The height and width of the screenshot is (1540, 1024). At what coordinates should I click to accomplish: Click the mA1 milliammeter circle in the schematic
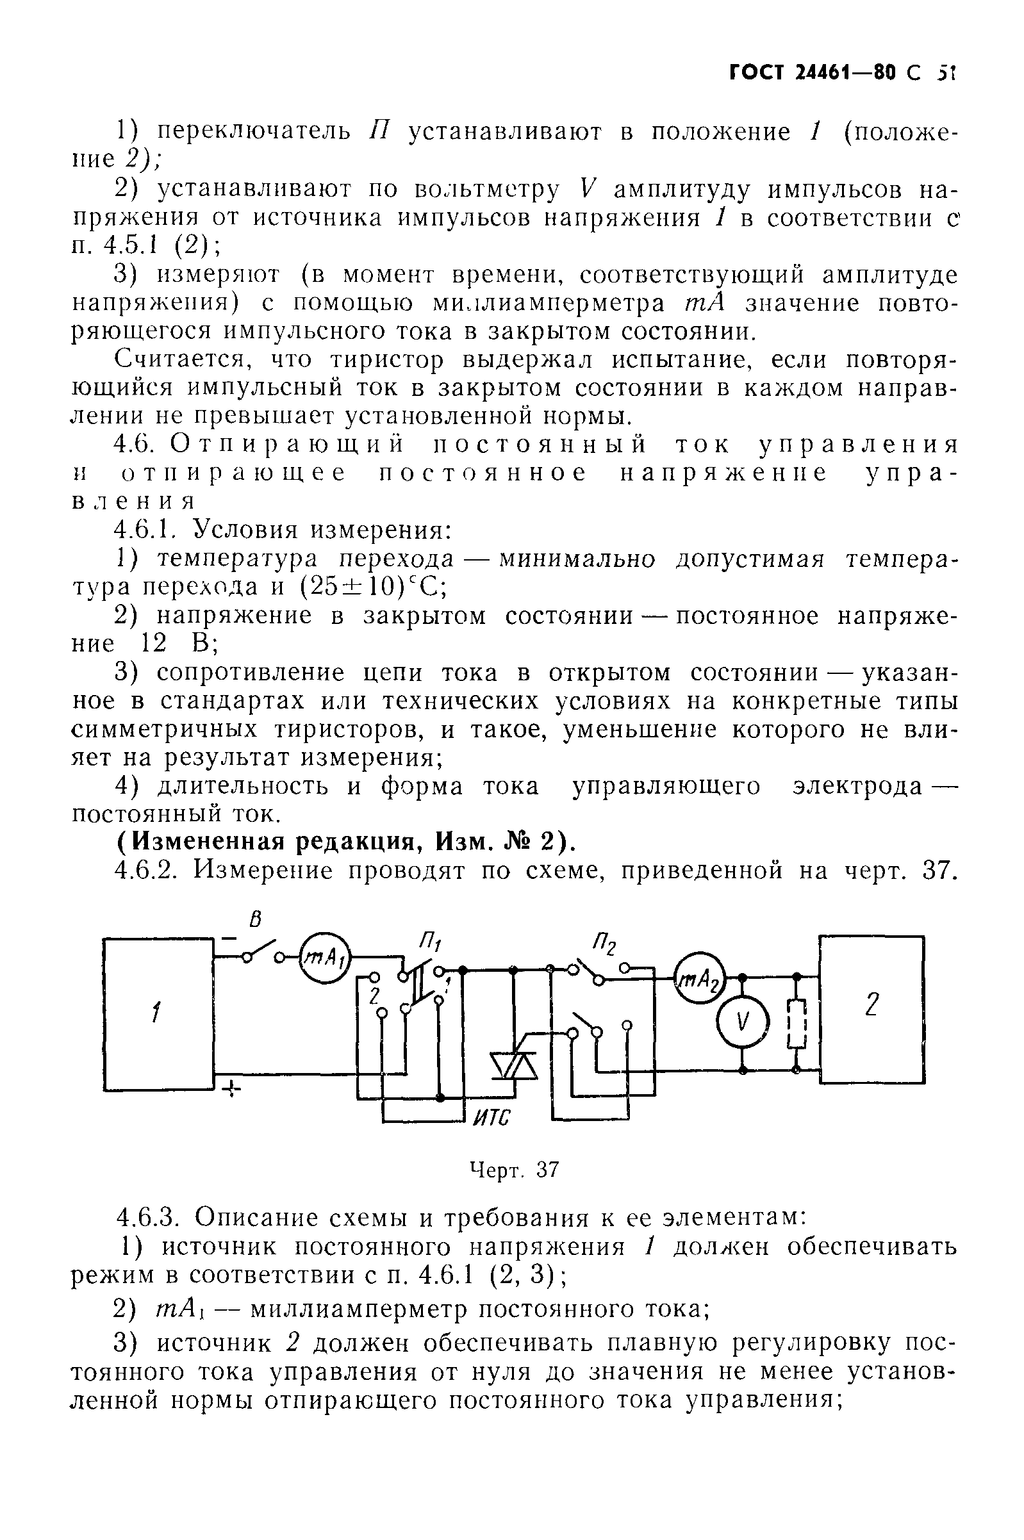coord(325,958)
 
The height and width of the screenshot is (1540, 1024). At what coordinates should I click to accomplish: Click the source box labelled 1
coord(159,1014)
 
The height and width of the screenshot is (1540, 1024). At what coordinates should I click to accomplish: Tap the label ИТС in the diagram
coord(490,1118)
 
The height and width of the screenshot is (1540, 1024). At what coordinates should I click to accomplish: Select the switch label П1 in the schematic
coord(429,942)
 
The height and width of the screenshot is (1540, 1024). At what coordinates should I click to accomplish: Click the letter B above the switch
coord(256,920)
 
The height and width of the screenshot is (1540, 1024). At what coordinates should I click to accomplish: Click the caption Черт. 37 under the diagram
coord(515,1169)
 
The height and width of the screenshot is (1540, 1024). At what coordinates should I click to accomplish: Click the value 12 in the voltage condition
coord(155,644)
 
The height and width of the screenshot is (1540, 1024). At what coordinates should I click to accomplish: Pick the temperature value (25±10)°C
coord(373,587)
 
